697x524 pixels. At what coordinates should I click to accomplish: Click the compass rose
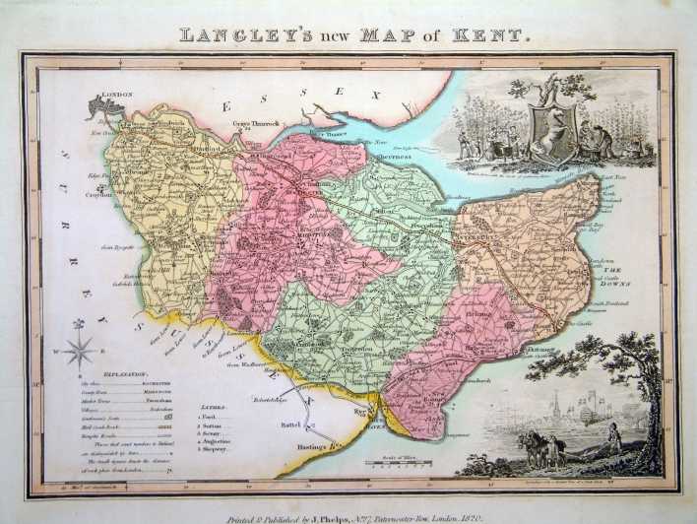[80, 350]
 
